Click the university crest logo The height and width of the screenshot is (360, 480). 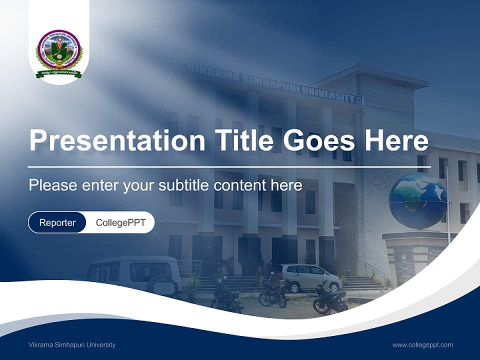[x=59, y=53]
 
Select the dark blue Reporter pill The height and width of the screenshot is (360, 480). [x=57, y=222]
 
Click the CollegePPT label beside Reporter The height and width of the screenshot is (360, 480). [x=120, y=222]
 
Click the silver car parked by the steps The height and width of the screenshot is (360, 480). [x=310, y=277]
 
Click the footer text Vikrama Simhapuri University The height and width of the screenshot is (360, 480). [x=72, y=344]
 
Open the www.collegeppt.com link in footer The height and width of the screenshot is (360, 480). [x=422, y=344]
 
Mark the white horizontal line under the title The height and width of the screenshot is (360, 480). [x=227, y=166]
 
